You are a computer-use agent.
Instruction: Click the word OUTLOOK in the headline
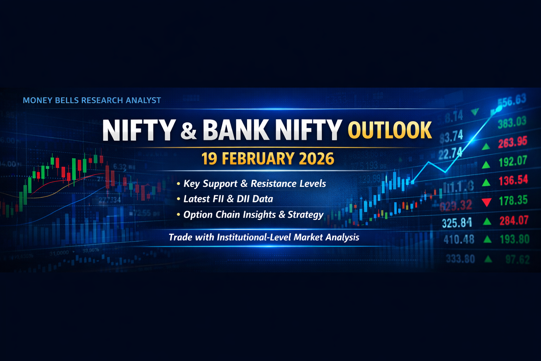tap(390, 130)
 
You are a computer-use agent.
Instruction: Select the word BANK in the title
tap(236, 130)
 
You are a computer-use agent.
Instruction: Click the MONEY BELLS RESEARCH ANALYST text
tap(92, 100)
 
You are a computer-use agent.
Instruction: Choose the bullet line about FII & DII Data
tap(228, 199)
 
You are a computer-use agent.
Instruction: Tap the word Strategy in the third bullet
tap(305, 215)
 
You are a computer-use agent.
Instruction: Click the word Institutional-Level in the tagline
tap(254, 237)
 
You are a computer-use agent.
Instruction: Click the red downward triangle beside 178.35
tap(486, 202)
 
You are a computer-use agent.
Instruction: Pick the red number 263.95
tap(512, 142)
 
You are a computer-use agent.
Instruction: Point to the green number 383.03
tap(512, 122)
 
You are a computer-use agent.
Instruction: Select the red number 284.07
tap(514, 221)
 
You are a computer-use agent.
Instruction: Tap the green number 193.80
tap(515, 239)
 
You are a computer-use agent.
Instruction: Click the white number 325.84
tap(457, 223)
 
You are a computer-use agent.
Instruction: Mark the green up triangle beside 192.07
tap(486, 164)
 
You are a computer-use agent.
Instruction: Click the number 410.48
tap(459, 240)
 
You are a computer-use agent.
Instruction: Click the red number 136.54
tap(513, 180)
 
